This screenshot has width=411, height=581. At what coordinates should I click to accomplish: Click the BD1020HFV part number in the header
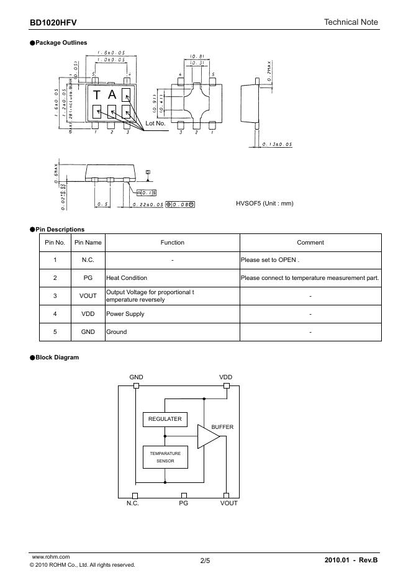(x=53, y=22)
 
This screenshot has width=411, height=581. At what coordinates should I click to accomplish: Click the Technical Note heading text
(x=351, y=22)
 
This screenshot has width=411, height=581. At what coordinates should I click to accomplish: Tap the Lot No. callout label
(x=155, y=123)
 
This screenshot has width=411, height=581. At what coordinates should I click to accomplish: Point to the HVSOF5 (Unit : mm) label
(x=264, y=204)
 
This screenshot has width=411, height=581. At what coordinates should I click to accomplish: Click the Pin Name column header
(x=88, y=243)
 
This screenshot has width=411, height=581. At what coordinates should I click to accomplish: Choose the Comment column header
(x=310, y=243)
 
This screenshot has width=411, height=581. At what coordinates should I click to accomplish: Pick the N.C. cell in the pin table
(x=88, y=260)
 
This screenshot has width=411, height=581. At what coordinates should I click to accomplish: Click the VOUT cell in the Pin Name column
(x=88, y=296)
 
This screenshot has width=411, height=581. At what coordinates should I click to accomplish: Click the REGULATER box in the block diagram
(x=165, y=420)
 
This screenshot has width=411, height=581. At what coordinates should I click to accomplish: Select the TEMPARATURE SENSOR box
(x=165, y=457)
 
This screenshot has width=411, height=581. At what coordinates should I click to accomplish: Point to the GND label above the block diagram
(x=136, y=377)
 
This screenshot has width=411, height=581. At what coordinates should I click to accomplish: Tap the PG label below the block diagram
(x=183, y=503)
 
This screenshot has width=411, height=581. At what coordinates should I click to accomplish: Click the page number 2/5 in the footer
(x=205, y=561)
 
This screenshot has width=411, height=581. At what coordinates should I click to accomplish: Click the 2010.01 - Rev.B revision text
(x=351, y=561)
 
